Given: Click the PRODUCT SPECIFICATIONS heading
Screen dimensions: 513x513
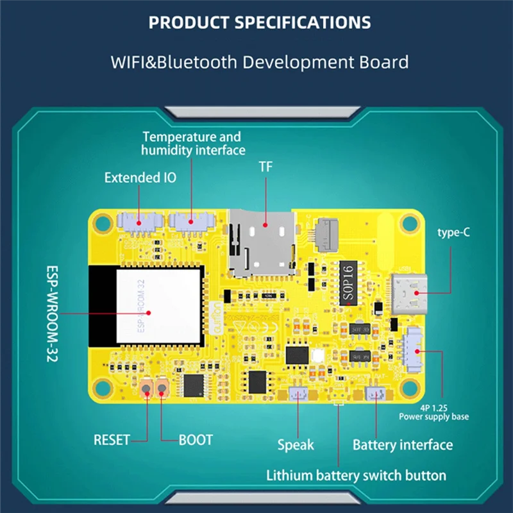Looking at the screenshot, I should point(259,23).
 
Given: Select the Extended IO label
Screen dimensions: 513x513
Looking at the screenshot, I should point(140,178).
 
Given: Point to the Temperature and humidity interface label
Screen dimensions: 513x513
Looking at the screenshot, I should point(193,143).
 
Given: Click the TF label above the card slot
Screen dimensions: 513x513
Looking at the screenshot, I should point(265,167).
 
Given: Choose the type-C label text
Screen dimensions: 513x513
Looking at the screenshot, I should point(453,232).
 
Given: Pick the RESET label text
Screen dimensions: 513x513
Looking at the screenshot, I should point(112,440).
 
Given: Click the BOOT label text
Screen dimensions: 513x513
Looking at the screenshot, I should point(195,440).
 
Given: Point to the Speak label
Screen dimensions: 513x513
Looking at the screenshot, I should point(296,444).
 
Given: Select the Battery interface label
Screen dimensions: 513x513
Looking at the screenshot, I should point(403,444).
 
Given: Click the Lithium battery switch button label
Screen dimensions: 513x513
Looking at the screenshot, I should point(356,475).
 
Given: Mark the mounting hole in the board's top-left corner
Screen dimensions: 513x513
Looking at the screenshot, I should point(101,222).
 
